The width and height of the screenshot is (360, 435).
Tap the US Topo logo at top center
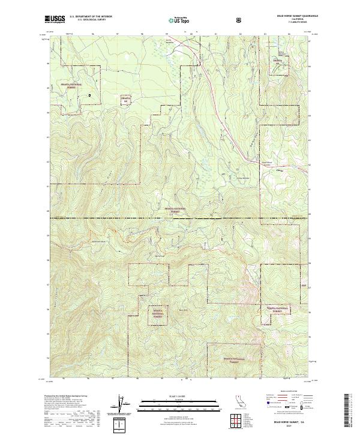click(175, 19)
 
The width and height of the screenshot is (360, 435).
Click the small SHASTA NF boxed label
click(125, 100)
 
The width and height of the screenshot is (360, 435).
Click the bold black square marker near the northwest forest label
click(89, 95)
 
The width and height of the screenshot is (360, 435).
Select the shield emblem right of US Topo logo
click(240, 19)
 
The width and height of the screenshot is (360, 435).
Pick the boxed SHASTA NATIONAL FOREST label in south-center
click(158, 313)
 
